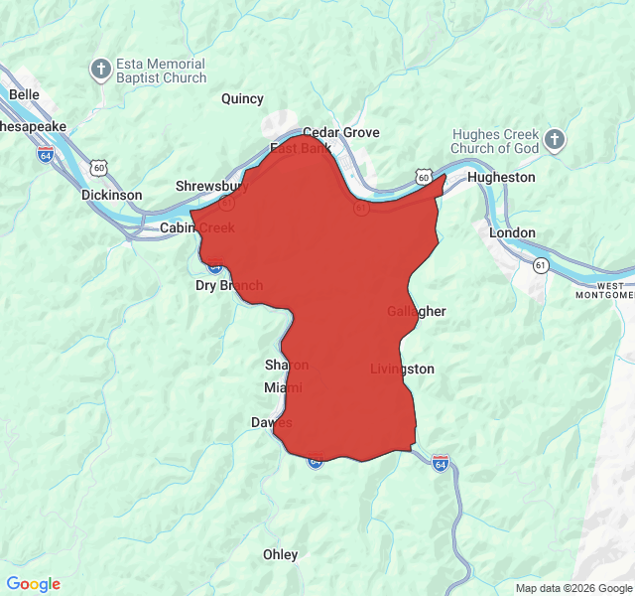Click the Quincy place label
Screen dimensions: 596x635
[x=242, y=98]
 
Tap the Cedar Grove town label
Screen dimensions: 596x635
[x=340, y=132]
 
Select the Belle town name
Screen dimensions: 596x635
[x=23, y=94]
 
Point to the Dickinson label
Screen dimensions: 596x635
[x=111, y=195]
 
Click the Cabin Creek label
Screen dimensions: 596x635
[x=197, y=227]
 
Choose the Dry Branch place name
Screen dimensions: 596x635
[x=229, y=285]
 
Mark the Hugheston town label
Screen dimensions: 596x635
[x=501, y=177]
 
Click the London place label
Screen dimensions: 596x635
[x=512, y=232]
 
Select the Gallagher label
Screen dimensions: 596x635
[x=416, y=311]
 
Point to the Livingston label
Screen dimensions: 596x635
[x=402, y=369]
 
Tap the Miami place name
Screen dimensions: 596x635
[x=283, y=386]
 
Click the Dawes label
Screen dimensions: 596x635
[x=271, y=422]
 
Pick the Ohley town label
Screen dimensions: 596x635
[x=280, y=554]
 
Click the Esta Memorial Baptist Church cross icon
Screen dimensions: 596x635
[x=101, y=70]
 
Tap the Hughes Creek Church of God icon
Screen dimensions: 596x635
[x=555, y=140]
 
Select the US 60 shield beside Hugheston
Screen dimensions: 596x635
[x=424, y=177]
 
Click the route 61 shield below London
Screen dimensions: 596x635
[x=541, y=265]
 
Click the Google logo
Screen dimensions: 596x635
[x=33, y=584]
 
